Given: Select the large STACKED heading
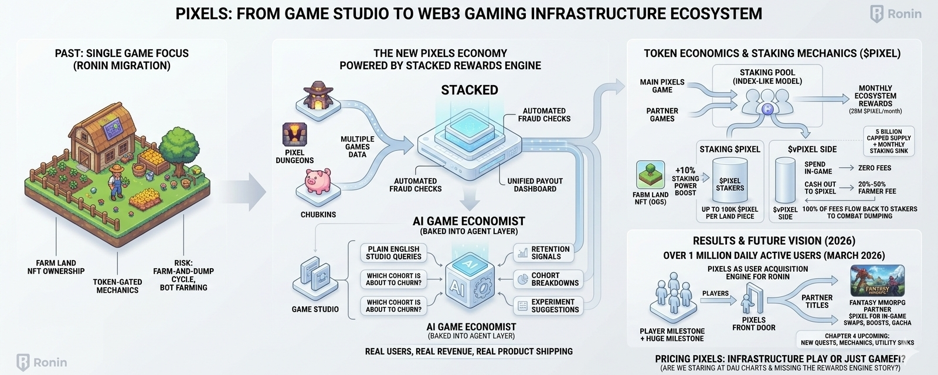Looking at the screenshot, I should (x=470, y=90).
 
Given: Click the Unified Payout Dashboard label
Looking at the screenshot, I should (x=535, y=185).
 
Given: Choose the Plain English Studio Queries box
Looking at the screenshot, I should (x=393, y=253).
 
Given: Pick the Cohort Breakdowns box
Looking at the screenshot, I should (x=548, y=279).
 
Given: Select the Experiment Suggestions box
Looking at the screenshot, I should (x=548, y=306).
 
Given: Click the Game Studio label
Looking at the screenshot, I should (x=315, y=309).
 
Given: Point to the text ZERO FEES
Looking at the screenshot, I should (x=875, y=168).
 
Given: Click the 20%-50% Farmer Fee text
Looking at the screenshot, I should (x=877, y=187).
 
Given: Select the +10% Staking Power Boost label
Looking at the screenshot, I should (x=685, y=181).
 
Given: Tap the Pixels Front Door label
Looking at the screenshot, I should (x=754, y=323).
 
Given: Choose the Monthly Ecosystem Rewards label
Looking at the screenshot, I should (x=875, y=96).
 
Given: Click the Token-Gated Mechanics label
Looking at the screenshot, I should (x=117, y=286).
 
